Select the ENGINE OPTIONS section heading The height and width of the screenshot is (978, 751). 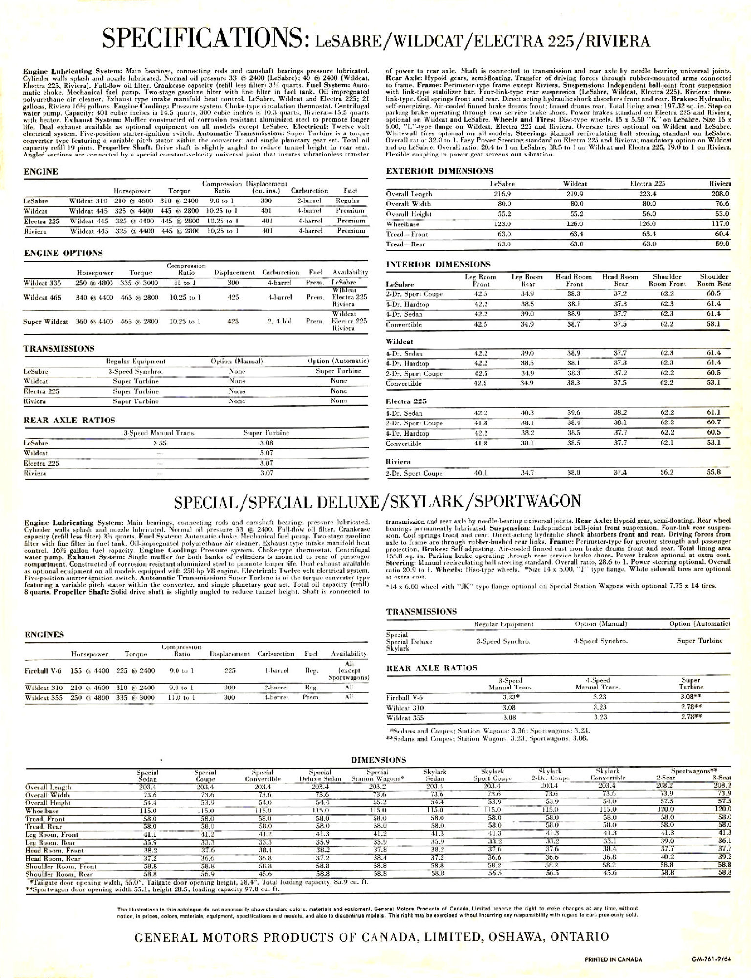[x=63, y=253]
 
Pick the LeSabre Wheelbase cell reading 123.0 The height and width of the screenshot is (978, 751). [x=503, y=224]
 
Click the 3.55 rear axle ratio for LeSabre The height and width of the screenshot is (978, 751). [x=159, y=443]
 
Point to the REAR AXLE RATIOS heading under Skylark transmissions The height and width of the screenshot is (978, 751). [x=431, y=668]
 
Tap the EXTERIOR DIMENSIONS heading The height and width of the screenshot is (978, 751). [x=440, y=171]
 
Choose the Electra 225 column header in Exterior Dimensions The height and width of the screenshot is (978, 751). [x=647, y=184]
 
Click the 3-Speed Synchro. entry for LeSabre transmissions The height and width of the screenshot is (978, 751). [x=135, y=371]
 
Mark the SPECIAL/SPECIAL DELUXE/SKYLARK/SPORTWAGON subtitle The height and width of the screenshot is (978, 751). [x=377, y=501]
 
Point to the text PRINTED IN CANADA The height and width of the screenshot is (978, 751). [x=614, y=960]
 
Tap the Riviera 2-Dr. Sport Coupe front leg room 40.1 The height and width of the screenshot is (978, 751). [x=482, y=473]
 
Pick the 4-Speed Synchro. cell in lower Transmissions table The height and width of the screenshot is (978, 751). [x=601, y=641]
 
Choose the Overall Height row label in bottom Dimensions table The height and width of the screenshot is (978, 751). [x=48, y=803]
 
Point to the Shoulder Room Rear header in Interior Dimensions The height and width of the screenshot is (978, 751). [x=714, y=280]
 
